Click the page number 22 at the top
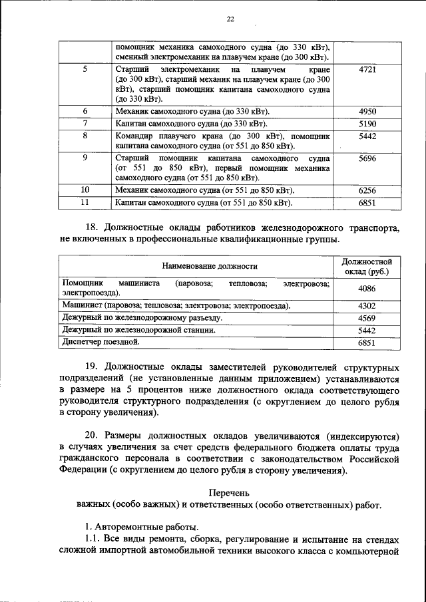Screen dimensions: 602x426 click(230, 19)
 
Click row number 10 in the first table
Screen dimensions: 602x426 click(85, 190)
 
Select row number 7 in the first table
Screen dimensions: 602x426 click(85, 124)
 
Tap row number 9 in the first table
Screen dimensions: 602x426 click(85, 158)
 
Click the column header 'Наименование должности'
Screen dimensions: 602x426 click(195, 266)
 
